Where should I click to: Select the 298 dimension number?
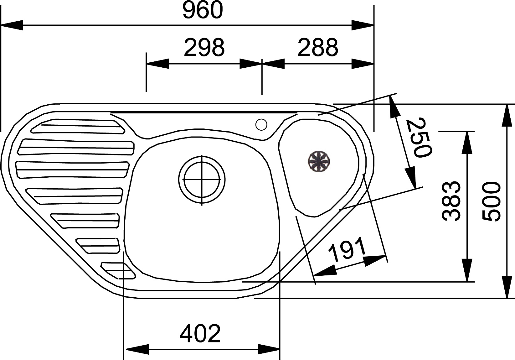[x=204, y=47]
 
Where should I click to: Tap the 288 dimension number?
[x=318, y=47]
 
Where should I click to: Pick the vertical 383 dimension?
[x=451, y=201]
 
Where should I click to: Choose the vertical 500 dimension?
[x=491, y=201]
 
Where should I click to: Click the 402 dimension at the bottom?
[x=200, y=334]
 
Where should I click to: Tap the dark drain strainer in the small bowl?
[x=319, y=161]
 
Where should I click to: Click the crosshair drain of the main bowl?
[x=202, y=180]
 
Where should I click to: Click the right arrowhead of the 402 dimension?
[x=269, y=356]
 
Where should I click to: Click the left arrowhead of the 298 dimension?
[x=157, y=64]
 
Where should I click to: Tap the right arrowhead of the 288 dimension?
[x=363, y=64]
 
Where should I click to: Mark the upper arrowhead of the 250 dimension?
[x=394, y=107]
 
